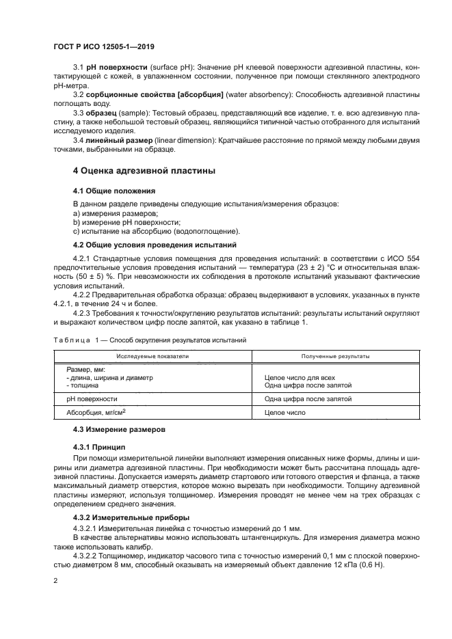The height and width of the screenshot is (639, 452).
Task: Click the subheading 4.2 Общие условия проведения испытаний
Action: (x=155, y=244)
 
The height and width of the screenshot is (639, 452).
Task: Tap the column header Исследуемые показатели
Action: (x=152, y=356)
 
